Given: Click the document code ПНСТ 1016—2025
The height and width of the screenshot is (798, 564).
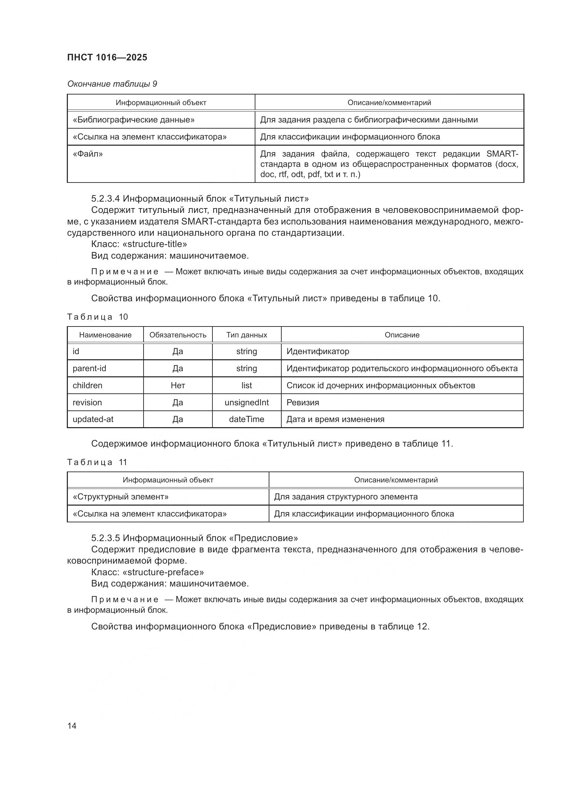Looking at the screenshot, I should coord(107,57).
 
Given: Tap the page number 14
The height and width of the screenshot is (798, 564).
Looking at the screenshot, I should coord(72,726).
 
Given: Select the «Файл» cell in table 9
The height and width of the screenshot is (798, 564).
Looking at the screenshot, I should coord(88,154).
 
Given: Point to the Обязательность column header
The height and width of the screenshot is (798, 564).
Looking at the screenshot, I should coord(177,335).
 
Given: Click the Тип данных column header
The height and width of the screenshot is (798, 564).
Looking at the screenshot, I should coord(247,335).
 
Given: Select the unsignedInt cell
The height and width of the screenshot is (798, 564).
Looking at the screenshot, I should coord(247,403).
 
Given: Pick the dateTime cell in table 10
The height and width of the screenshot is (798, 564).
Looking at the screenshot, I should coord(247,420).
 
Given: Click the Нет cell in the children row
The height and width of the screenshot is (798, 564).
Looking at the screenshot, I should coord(177,386).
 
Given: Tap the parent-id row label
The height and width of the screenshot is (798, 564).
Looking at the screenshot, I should coord(89,368).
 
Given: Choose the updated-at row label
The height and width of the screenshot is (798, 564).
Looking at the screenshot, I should coord(93,420).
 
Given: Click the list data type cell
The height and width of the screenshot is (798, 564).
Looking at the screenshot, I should coord(247,386).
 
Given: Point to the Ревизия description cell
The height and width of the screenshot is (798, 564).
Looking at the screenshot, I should coord(302,403).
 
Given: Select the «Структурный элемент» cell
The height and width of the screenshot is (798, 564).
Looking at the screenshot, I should coord(120,497).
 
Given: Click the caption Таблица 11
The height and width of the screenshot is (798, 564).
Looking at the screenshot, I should coord(97,462).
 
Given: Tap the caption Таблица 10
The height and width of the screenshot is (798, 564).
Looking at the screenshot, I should coord(97,317).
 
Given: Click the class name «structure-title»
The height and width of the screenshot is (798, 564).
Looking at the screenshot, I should coord(155,244).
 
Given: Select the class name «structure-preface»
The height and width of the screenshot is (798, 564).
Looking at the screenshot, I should coord(163,572).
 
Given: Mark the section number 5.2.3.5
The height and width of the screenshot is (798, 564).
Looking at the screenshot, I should coord(106,538).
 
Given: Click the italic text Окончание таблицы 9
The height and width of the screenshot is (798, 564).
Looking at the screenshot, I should coord(112,84).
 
